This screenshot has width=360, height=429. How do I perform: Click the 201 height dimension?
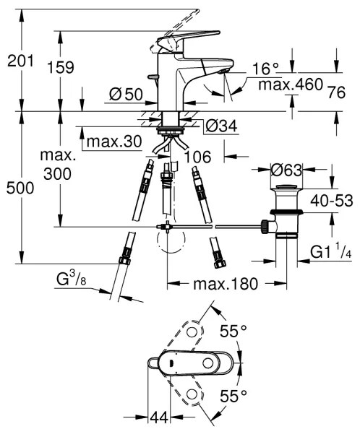point(20,62)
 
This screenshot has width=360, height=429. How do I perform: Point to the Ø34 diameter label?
point(220,126)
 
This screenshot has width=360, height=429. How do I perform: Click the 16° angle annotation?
point(265,69)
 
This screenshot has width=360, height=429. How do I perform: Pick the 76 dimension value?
point(335,91)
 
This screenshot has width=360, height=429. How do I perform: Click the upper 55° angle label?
point(233,331)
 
